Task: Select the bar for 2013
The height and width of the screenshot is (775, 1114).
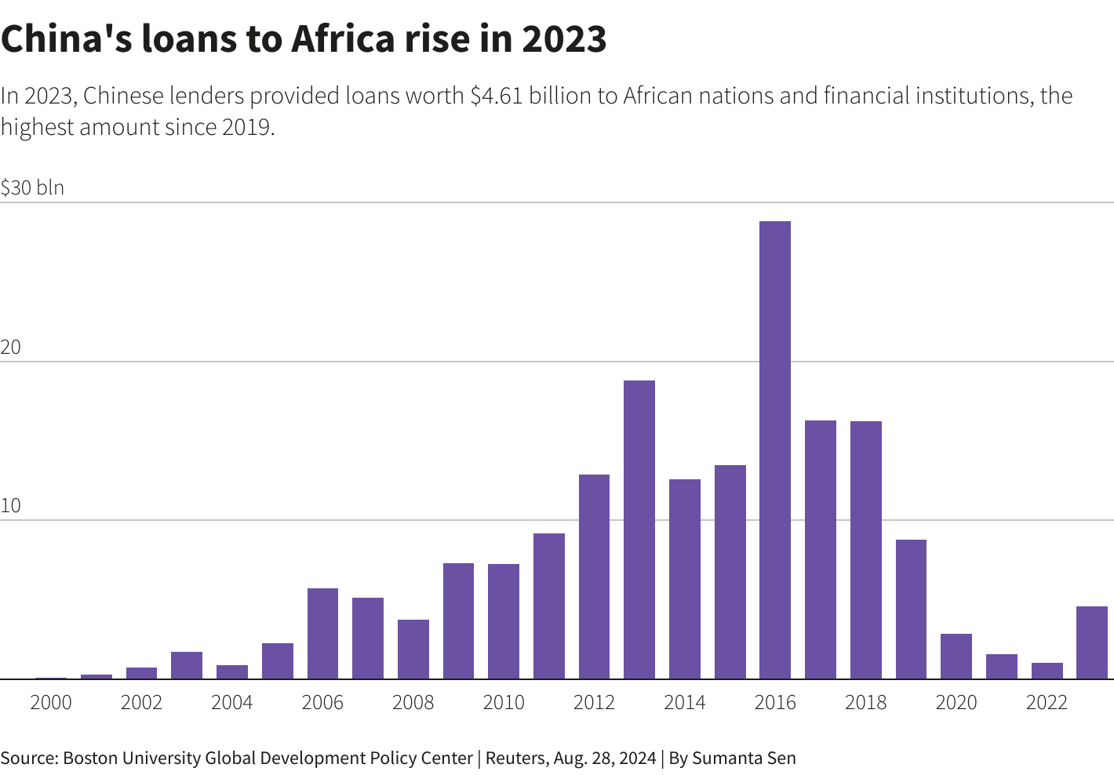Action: pyautogui.click(x=639, y=529)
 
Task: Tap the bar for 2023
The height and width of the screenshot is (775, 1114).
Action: pyautogui.click(x=1091, y=642)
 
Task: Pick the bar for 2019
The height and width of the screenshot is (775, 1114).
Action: pyautogui.click(x=911, y=609)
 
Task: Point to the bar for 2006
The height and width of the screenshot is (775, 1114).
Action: pyautogui.click(x=322, y=633)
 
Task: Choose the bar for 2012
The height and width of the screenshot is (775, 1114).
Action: pyautogui.click(x=594, y=577)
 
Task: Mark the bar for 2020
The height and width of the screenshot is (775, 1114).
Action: pyautogui.click(x=956, y=656)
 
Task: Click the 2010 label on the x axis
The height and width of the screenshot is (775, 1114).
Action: pyautogui.click(x=504, y=702)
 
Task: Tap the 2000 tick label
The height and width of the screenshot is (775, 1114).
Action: pyautogui.click(x=51, y=702)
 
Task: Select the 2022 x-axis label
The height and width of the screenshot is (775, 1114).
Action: pyautogui.click(x=1047, y=702)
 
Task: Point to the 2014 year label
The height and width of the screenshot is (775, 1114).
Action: pyautogui.click(x=685, y=702)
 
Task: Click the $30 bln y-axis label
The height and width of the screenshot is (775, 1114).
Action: pyautogui.click(x=32, y=187)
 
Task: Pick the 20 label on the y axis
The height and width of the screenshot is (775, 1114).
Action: pyautogui.click(x=11, y=347)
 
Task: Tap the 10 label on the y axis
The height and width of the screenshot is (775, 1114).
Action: pyautogui.click(x=11, y=506)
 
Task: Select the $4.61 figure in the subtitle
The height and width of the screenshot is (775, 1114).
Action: pyautogui.click(x=496, y=96)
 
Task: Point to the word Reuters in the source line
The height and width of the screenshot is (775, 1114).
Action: pyautogui.click(x=516, y=758)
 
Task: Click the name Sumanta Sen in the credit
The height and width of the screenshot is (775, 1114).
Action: pyautogui.click(x=744, y=758)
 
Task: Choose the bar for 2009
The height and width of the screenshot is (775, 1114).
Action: pyautogui.click(x=458, y=620)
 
